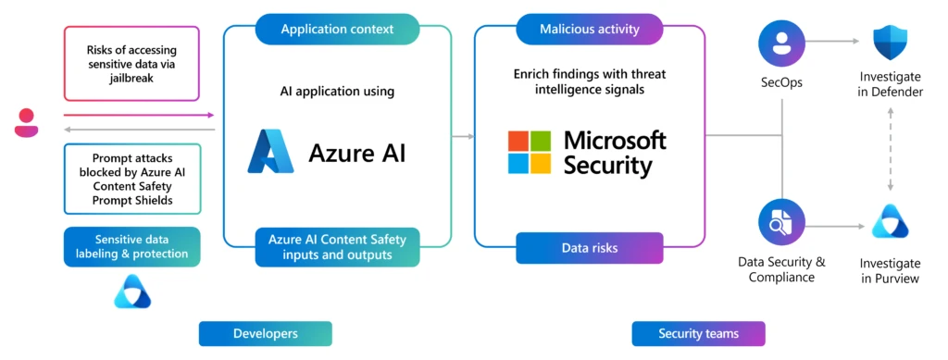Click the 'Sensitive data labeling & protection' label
[132, 246]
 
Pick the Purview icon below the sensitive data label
[132, 292]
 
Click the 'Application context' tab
[337, 29]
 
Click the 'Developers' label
[265, 333]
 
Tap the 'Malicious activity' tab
[589, 29]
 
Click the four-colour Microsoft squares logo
[530, 152]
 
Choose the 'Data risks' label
[589, 248]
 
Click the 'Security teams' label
[698, 333]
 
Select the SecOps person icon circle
[781, 43]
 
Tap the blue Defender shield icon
[892, 43]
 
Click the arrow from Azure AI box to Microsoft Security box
[463, 136]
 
